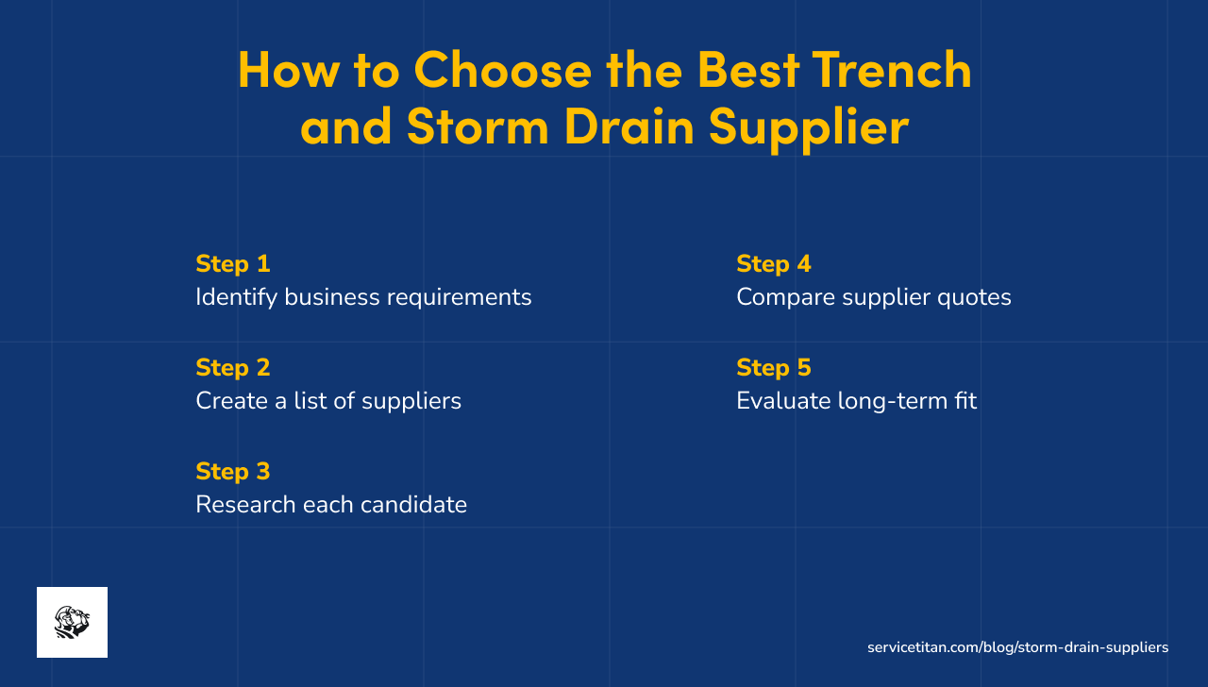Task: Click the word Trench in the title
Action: [891, 69]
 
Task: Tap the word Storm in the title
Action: [478, 126]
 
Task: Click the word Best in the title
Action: [750, 69]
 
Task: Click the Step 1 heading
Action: [233, 263]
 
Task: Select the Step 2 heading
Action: [233, 367]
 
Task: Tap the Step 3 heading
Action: [233, 471]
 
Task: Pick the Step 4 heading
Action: [774, 263]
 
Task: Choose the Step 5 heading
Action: [774, 367]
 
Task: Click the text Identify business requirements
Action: [363, 297]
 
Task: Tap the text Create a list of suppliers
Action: [328, 401]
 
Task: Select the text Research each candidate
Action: [331, 505]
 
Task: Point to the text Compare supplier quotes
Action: [873, 297]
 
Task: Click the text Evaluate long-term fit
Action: [856, 401]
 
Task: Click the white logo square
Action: [72, 622]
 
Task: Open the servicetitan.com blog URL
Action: [1017, 647]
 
